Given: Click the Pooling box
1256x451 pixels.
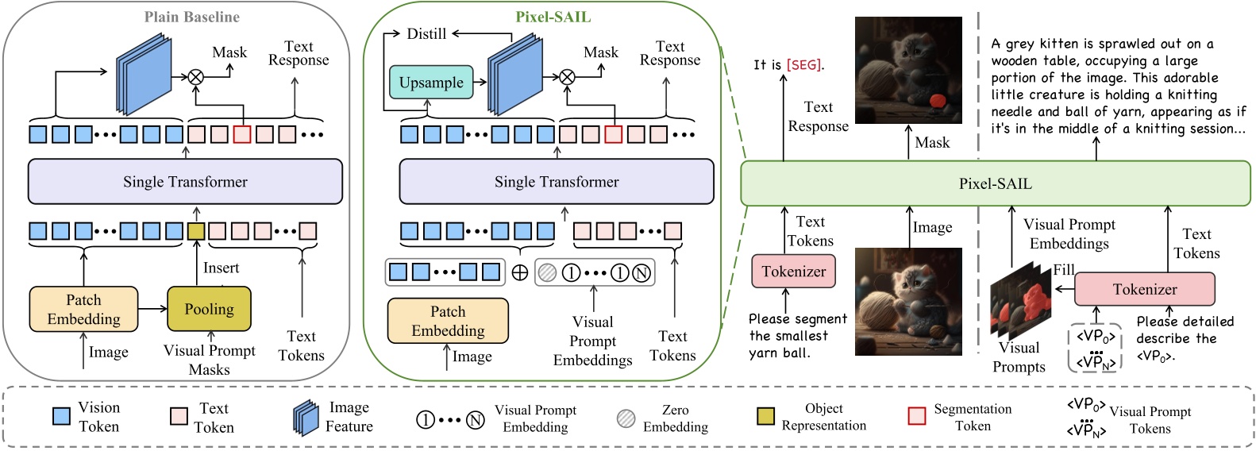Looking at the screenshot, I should [209, 309].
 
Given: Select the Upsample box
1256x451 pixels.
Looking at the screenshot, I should [431, 83].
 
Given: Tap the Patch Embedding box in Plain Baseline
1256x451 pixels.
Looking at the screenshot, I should [83, 309].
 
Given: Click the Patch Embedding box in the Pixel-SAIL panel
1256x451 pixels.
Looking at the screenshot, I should [448, 321].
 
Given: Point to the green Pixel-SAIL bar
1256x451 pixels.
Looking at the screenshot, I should [995, 183].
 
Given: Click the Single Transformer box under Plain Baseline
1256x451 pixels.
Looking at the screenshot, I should [185, 182].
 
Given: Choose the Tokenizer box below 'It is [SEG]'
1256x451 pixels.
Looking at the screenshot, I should [793, 272].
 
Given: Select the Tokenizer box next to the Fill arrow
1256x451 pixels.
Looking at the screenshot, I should [1144, 289].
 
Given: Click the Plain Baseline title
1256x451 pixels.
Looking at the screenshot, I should [191, 17].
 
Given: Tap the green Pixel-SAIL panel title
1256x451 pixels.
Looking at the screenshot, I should [553, 17].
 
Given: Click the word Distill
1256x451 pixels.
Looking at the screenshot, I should [426, 34].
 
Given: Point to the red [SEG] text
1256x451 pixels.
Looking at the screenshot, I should [803, 65].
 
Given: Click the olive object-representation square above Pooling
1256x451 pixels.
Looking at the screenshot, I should [196, 231].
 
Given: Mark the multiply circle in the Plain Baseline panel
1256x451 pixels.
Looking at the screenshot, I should [195, 77].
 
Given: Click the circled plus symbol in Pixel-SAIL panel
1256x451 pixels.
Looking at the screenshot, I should [519, 273].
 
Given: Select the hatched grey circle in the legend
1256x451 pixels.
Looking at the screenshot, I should [626, 418].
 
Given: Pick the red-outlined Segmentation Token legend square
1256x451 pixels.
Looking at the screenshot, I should [917, 416].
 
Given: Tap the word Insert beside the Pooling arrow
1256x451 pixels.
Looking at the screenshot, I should [221, 268].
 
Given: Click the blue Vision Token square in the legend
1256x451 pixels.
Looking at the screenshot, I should [61, 416].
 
